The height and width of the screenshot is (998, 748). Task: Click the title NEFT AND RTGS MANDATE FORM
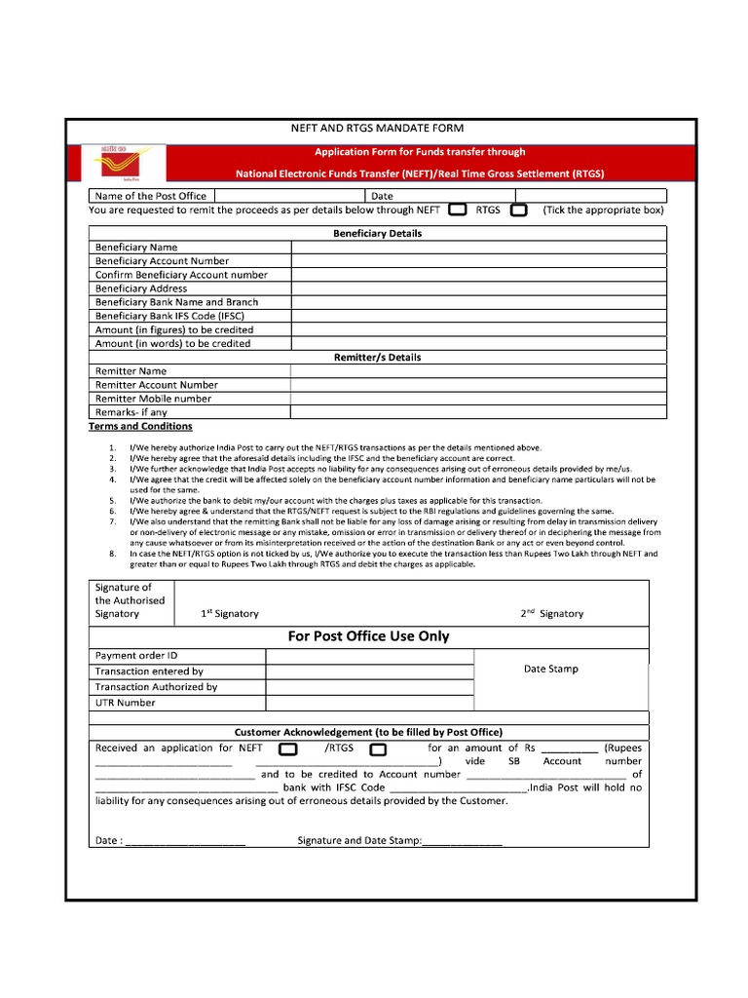[378, 129]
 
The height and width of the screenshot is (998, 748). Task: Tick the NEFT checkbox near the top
[457, 210]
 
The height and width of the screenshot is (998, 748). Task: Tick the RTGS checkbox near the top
[519, 210]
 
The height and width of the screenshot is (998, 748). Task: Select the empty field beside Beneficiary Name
[478, 248]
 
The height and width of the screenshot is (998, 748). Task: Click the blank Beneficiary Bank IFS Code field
[478, 316]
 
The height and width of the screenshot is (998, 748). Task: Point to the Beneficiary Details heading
[378, 234]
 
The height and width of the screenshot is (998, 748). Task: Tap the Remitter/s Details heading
[378, 358]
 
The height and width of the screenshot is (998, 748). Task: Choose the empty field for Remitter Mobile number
[478, 399]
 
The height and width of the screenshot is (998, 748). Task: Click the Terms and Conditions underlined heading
[140, 427]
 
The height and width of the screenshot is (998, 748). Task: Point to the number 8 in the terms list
[113, 554]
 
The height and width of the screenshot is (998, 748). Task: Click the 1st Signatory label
[230, 614]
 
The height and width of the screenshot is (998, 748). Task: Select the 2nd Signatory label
[551, 614]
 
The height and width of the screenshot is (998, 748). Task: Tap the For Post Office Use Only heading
[368, 636]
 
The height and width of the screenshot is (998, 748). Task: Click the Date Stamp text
[550, 669]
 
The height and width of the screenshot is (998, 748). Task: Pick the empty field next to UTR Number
[368, 703]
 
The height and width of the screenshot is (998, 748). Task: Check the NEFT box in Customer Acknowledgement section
[288, 749]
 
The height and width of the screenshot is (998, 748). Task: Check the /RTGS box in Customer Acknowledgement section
[378, 749]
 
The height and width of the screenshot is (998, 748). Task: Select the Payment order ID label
[136, 656]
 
